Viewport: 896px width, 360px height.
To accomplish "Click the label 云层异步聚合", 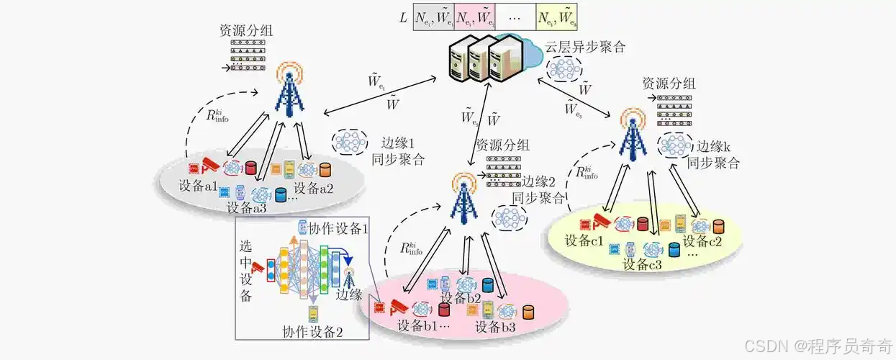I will click(x=584, y=48).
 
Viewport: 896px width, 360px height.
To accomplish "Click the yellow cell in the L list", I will click(x=556, y=14).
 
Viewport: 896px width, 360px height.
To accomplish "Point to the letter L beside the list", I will click(x=403, y=15).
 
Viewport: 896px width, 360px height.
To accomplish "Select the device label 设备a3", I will click(x=246, y=208).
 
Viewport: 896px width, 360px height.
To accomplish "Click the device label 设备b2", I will click(x=461, y=298).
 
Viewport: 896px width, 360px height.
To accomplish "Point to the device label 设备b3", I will click(x=495, y=327).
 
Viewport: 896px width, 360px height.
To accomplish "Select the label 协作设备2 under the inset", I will click(x=313, y=332).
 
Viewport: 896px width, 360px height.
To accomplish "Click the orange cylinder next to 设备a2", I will click(x=325, y=170).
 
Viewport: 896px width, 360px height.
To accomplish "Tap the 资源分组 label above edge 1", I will click(x=247, y=32).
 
